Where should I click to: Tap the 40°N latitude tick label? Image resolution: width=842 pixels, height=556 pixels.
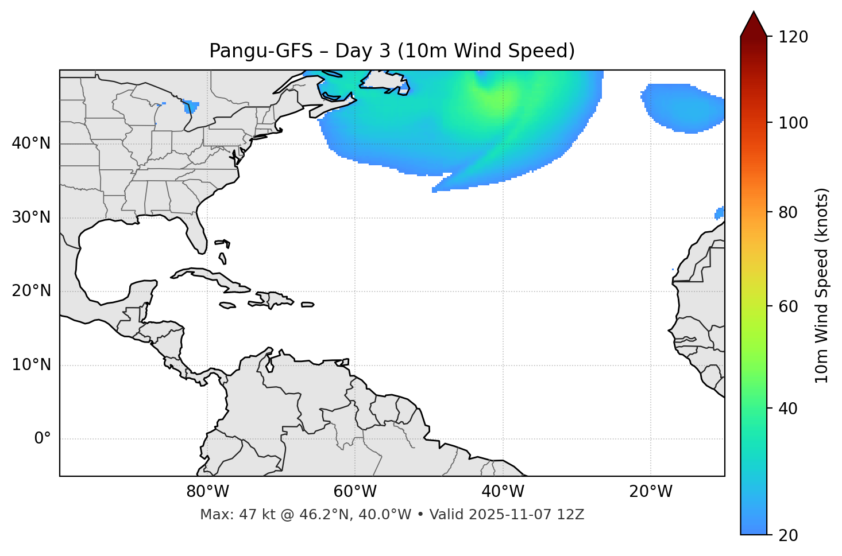point(31,143)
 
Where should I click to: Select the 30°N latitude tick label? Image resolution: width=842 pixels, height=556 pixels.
point(31,217)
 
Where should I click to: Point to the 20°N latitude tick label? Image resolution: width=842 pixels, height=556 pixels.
point(31,291)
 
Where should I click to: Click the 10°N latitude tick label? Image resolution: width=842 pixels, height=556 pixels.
point(31,365)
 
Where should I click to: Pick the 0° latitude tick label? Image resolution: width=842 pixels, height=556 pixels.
point(43,439)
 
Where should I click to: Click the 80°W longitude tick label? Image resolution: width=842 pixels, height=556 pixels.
point(207,492)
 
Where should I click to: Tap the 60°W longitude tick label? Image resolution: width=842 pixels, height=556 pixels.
point(355,492)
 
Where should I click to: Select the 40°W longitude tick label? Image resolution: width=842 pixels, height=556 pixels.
point(503,492)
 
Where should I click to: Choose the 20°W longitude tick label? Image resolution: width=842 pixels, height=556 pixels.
point(650,492)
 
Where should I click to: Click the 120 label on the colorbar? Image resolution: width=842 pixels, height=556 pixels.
point(793,37)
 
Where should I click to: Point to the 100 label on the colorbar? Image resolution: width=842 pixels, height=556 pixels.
point(793,123)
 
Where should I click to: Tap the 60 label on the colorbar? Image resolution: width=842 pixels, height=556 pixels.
point(788,306)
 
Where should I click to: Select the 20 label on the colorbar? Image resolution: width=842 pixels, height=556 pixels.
point(788,535)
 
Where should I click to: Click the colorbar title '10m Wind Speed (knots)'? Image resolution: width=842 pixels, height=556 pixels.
point(822,285)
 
